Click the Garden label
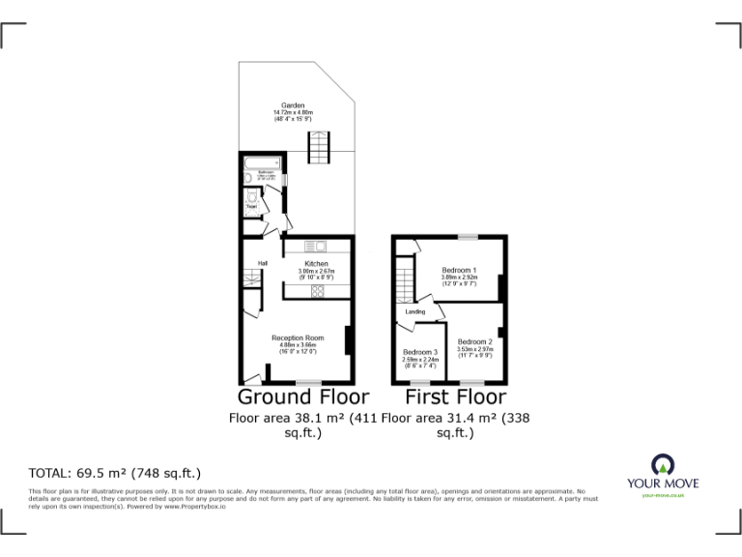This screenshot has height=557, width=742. [x=293, y=105]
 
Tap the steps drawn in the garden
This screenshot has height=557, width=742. [x=320, y=148]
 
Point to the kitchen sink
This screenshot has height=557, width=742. [x=317, y=246]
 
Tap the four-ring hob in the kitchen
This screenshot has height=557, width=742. [x=317, y=290]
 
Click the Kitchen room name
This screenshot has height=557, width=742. [x=316, y=264]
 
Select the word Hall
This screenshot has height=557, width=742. [x=248, y=263]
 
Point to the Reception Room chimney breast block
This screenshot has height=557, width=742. [x=348, y=339]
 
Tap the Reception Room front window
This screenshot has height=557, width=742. [x=309, y=383]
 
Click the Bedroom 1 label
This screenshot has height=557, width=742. [x=459, y=270]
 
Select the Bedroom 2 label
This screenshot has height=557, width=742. [x=475, y=341]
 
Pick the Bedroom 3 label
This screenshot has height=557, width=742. [x=420, y=352]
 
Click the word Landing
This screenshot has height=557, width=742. [x=415, y=312]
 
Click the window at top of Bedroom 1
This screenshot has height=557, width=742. [x=468, y=236]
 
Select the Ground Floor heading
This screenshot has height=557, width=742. [x=302, y=397]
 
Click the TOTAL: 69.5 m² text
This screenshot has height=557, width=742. [x=115, y=473]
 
